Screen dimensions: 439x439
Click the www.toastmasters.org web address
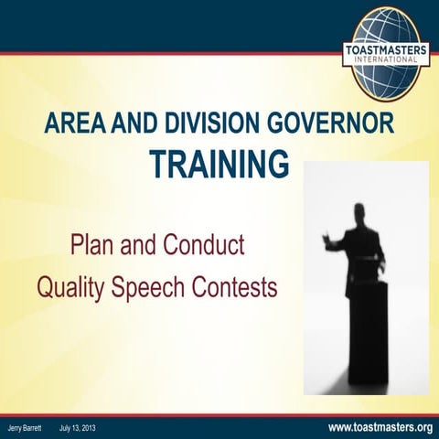[379, 427]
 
